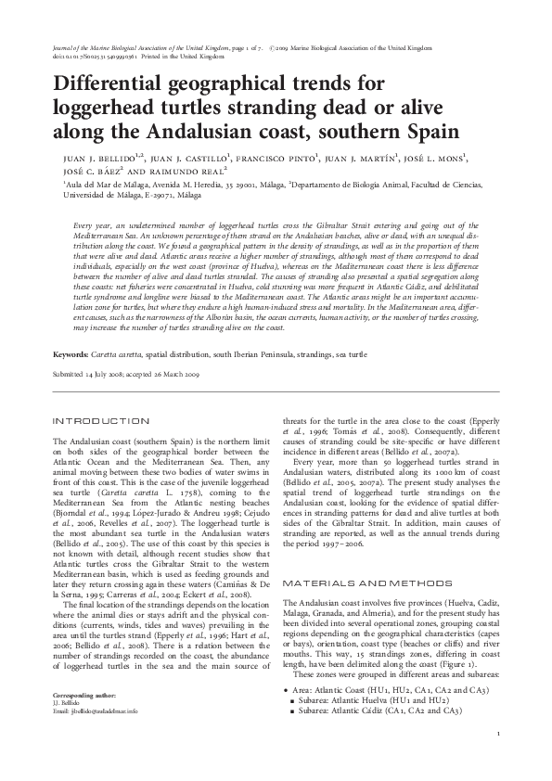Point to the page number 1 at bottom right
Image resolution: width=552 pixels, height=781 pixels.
[x=498, y=736]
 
